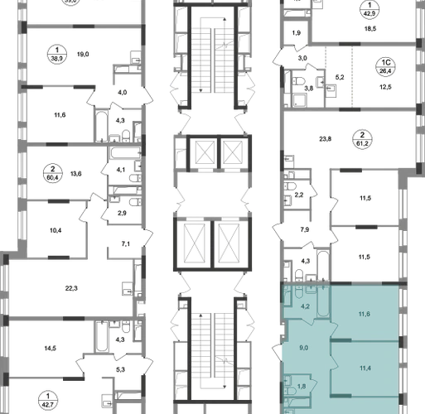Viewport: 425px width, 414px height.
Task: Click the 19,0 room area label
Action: (x=83, y=55)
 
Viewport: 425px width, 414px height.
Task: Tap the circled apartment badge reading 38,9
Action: (x=57, y=54)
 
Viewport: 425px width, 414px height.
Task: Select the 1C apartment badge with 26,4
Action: (x=386, y=67)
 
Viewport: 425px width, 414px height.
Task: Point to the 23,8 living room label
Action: (x=326, y=139)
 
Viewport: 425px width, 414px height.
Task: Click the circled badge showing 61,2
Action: (x=362, y=139)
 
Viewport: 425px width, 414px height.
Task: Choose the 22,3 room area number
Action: (x=71, y=288)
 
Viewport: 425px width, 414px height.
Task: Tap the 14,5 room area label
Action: (x=51, y=349)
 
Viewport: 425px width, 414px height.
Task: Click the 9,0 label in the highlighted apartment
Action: (x=304, y=348)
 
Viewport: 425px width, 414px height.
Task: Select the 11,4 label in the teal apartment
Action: (x=365, y=368)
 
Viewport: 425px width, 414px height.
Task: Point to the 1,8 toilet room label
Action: (x=302, y=387)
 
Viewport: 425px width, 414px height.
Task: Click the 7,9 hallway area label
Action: (x=304, y=229)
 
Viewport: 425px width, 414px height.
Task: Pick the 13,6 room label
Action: (x=76, y=174)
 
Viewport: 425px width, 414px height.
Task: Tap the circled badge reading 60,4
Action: (x=53, y=173)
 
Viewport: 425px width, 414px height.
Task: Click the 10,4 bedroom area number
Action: (x=56, y=230)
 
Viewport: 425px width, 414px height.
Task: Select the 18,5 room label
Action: (x=370, y=29)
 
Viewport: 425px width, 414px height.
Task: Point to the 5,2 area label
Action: (x=340, y=77)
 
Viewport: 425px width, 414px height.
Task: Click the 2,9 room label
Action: (x=122, y=213)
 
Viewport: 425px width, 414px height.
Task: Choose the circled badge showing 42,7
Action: (x=48, y=401)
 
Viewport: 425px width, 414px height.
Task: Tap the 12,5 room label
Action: (x=385, y=87)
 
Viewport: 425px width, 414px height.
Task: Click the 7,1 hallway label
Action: (x=126, y=244)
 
